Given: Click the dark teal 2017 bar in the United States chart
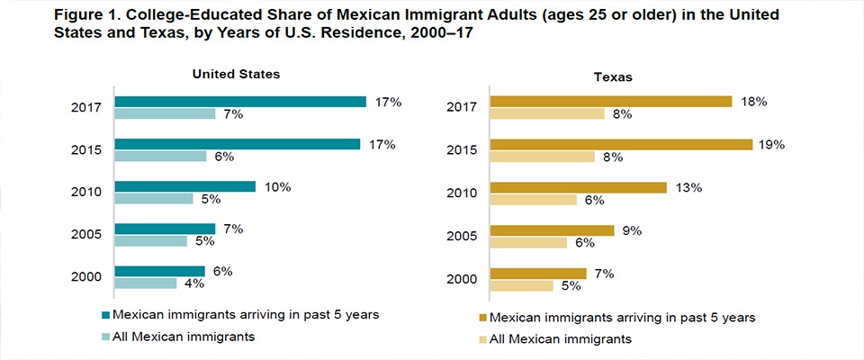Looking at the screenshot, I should pyautogui.click(x=240, y=102).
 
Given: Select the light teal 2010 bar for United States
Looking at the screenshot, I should pyautogui.click(x=154, y=198).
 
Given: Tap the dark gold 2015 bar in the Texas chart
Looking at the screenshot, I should pyautogui.click(x=621, y=144).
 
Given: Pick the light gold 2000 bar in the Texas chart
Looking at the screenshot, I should pyautogui.click(x=521, y=284).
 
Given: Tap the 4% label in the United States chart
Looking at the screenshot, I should pyautogui.click(x=194, y=284).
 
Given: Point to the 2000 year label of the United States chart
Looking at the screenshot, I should pyautogui.click(x=87, y=277).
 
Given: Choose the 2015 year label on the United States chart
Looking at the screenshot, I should pyautogui.click(x=87, y=150).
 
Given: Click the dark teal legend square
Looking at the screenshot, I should pyautogui.click(x=106, y=314).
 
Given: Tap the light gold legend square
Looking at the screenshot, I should pyautogui.click(x=481, y=340).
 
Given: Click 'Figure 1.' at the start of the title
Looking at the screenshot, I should pyautogui.click(x=47, y=15).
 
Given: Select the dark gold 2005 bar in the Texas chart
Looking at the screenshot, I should pyautogui.click(x=552, y=230).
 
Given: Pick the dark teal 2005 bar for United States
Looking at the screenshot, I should pyautogui.click(x=165, y=229).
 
